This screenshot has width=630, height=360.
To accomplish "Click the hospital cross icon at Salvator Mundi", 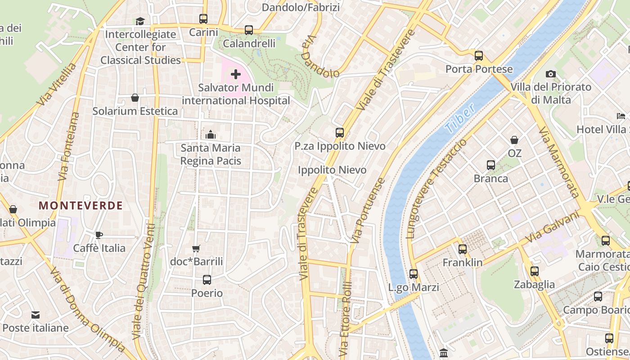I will click(236, 74).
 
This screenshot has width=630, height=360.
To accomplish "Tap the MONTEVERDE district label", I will click(81, 206).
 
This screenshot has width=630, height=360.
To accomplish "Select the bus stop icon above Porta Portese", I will click(479, 56).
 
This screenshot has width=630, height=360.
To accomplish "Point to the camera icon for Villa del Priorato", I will click(550, 74).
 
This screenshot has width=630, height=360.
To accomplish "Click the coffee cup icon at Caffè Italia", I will click(99, 235).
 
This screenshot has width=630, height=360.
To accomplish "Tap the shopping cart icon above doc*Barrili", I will click(196, 248).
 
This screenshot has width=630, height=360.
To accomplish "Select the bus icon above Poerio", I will click(207, 280).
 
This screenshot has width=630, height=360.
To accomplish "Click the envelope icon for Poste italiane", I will click(36, 315).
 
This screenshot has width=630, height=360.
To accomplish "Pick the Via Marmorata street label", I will click(558, 162).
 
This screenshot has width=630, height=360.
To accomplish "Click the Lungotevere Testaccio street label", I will click(436, 189).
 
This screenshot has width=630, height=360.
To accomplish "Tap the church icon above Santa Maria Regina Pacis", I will click(211, 135).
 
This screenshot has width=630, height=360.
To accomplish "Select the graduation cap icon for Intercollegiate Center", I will click(140, 21).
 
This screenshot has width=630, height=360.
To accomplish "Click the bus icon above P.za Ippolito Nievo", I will click(340, 133).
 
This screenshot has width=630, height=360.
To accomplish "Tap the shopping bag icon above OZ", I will click(514, 140).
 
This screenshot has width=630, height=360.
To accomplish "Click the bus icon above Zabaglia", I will click(534, 271).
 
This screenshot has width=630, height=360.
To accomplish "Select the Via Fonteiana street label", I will click(69, 146).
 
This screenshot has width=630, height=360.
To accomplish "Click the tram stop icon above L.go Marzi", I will click(414, 274).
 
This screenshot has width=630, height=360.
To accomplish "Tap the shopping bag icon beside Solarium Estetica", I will click(135, 98).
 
